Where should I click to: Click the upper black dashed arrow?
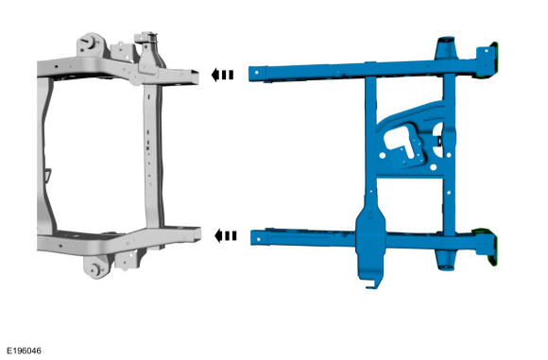pos(222,75)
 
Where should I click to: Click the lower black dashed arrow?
pos(226,236)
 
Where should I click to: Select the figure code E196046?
pos(25,351)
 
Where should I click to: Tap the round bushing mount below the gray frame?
pos(95,267)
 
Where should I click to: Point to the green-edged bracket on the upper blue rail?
pos(487,60)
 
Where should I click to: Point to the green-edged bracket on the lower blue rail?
pos(487,246)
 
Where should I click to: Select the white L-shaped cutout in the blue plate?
pos(399,140)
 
